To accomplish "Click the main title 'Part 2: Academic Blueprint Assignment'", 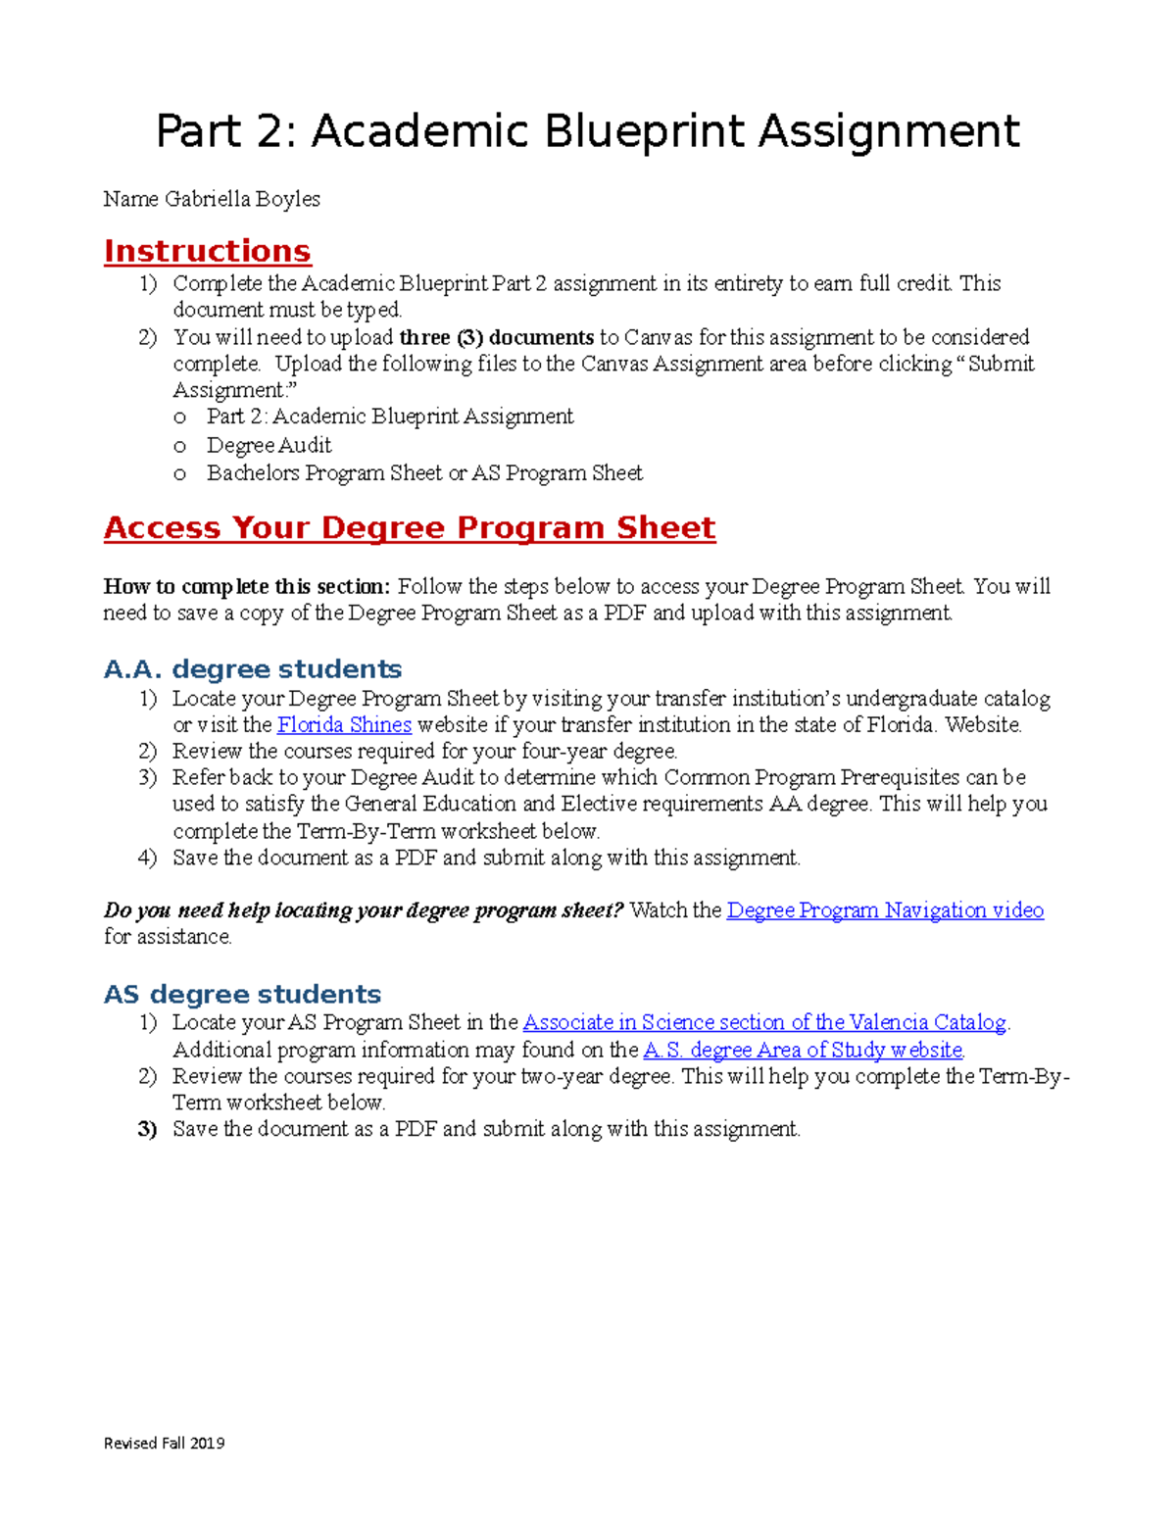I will pyautogui.click(x=588, y=131).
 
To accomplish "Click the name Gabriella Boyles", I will pyautogui.click(x=242, y=199).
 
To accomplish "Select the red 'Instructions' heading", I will pyautogui.click(x=207, y=251).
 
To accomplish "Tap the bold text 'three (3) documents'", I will pyautogui.click(x=496, y=337).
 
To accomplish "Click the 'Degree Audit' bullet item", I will pyautogui.click(x=269, y=445).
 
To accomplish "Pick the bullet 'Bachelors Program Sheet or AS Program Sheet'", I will pyautogui.click(x=424, y=472).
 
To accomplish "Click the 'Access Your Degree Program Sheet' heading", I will pyautogui.click(x=410, y=527).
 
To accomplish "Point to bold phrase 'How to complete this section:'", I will pyautogui.click(x=247, y=586).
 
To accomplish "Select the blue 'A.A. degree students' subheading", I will pyautogui.click(x=252, y=669).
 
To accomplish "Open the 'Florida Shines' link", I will pyautogui.click(x=344, y=725).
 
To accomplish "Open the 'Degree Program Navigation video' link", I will pyautogui.click(x=885, y=909).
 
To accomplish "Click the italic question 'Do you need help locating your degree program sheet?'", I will pyautogui.click(x=364, y=909).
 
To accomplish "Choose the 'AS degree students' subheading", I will pyautogui.click(x=242, y=994).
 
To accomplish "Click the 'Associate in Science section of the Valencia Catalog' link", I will pyautogui.click(x=764, y=1022).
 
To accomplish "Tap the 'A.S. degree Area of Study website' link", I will pyautogui.click(x=803, y=1050).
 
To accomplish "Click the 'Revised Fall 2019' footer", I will pyautogui.click(x=164, y=1443).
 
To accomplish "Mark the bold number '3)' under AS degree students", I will pyautogui.click(x=147, y=1129).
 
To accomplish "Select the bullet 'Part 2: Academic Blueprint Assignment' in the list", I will pyautogui.click(x=389, y=417).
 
